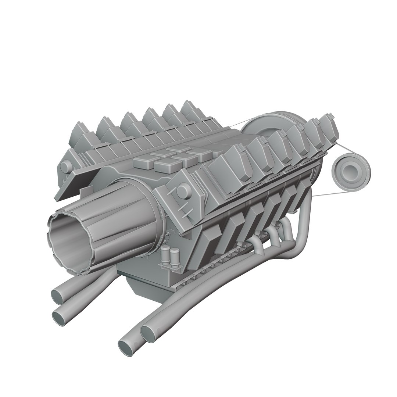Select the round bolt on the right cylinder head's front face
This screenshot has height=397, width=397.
pos(181,192)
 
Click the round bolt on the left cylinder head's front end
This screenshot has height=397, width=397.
pos(65,167)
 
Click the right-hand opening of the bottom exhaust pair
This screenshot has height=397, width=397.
pos(149,333)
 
